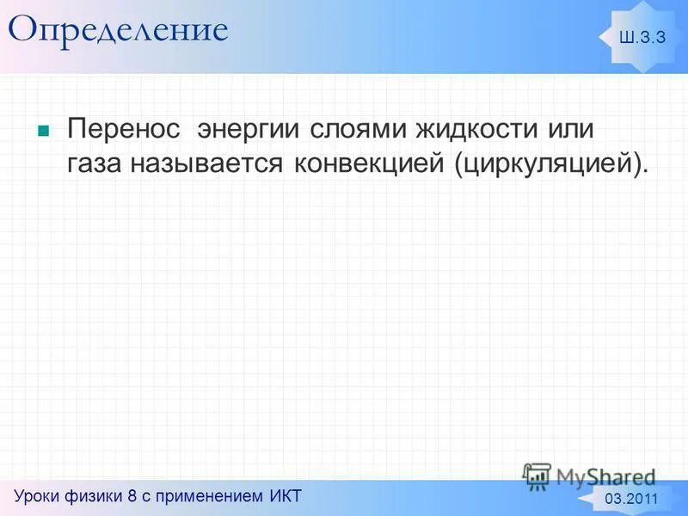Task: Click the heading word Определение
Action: point(118,31)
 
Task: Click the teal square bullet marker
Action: point(42,132)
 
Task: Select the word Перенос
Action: point(125,131)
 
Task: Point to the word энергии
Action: point(249,131)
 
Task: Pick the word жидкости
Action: point(469,131)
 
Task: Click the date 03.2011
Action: point(632,500)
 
